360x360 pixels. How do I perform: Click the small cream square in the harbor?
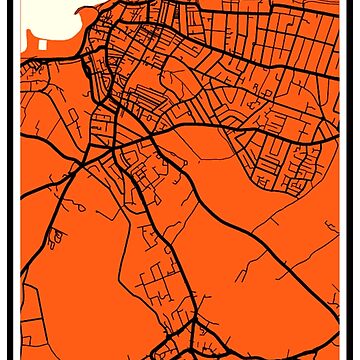[44, 43]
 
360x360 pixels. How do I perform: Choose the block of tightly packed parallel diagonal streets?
[280, 150]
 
